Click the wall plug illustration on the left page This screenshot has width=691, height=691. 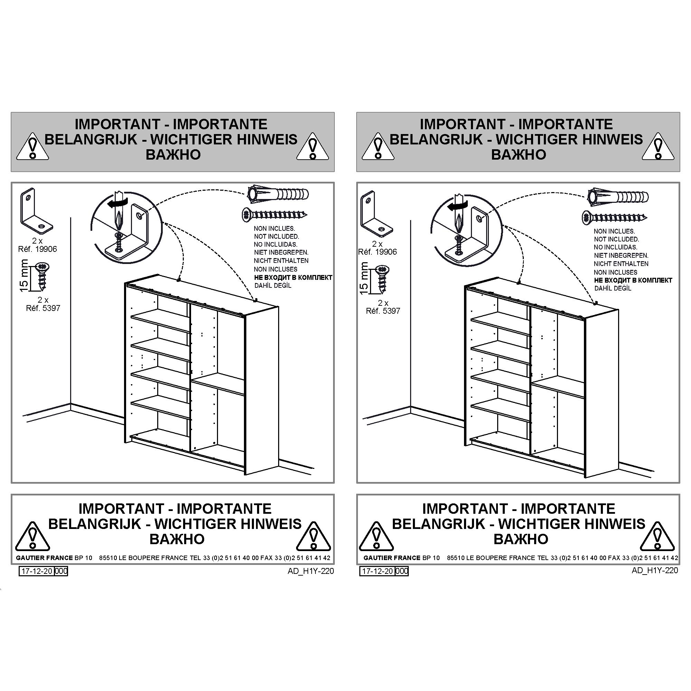tap(278, 195)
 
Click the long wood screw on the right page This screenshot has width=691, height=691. tap(614, 217)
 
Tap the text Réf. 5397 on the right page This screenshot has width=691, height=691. tap(383, 311)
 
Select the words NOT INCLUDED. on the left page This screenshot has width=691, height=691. tap(276, 236)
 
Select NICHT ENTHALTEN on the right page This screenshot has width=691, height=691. tap(621, 264)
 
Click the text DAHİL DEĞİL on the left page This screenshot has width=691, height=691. tap(273, 285)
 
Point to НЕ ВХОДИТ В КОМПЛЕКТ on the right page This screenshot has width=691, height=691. tap(633, 281)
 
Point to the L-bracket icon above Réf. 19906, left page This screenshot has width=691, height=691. tap(37, 211)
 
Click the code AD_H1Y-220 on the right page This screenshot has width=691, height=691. tap(654, 570)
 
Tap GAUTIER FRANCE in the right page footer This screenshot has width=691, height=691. tap(392, 558)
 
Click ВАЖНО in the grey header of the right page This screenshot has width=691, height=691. tap(518, 154)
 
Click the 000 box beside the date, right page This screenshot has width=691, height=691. tap(402, 571)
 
